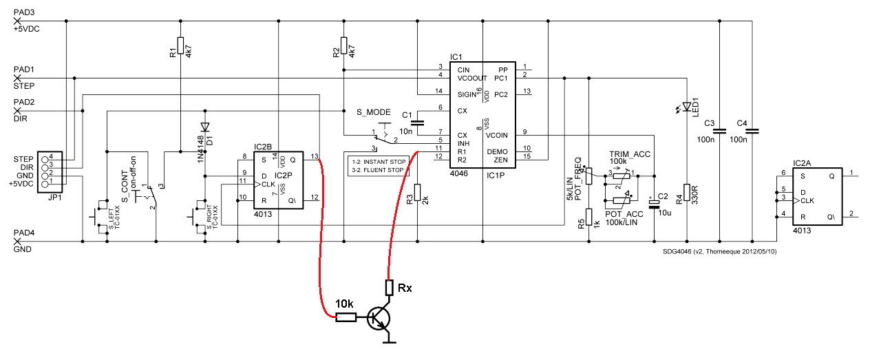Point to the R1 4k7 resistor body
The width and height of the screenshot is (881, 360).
click(x=180, y=45)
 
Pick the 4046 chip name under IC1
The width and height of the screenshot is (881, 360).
click(x=460, y=176)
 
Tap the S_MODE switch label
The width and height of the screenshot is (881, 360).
click(x=374, y=112)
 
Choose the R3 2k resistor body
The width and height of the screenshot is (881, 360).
click(x=416, y=194)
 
